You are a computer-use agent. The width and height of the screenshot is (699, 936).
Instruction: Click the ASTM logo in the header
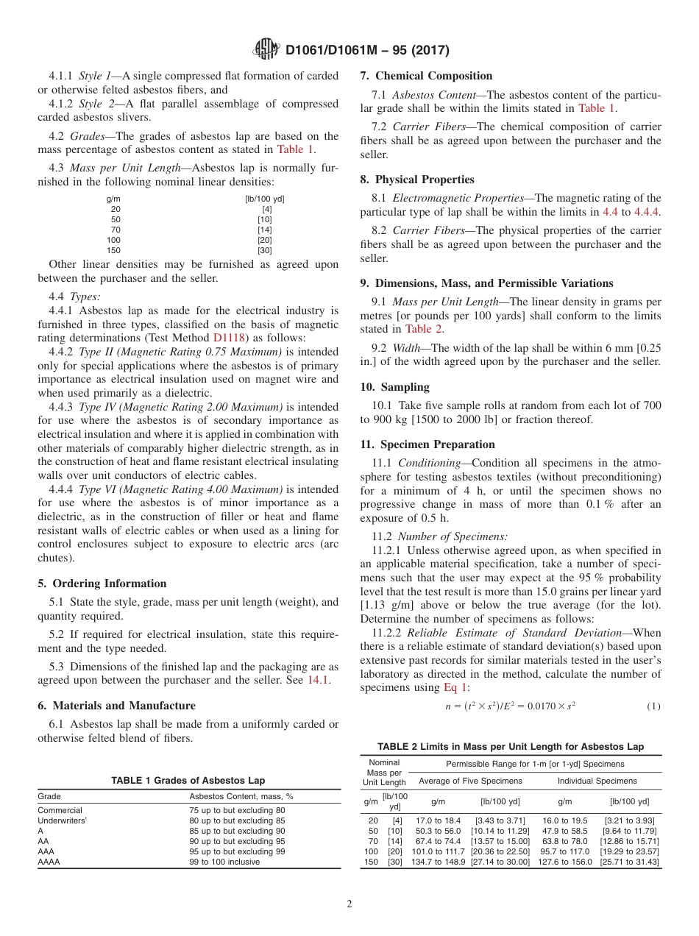[x=266, y=49]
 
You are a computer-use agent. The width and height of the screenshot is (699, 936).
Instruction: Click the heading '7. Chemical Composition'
[x=426, y=76]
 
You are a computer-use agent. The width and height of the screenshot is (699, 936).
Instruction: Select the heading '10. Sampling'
[x=394, y=387]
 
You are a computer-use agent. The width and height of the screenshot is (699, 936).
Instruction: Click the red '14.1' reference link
[x=318, y=680]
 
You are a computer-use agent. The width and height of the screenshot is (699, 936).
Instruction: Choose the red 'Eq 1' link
[x=455, y=687]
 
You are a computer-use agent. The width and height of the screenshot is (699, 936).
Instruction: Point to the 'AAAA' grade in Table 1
[x=49, y=862]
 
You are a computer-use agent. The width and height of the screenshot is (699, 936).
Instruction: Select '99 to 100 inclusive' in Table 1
[x=224, y=862]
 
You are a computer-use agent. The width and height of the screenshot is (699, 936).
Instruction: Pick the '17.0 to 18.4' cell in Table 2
[x=438, y=820]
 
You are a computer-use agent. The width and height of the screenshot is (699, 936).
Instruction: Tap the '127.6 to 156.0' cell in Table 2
[x=564, y=862]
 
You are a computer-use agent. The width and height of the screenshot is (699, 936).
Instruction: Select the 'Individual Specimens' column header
[x=597, y=781]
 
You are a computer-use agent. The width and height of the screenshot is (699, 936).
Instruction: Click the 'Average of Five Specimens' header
[x=469, y=781]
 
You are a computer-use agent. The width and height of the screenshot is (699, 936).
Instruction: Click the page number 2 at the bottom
[x=349, y=904]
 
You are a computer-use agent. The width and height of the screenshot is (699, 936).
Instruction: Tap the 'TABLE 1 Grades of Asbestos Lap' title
[x=188, y=781]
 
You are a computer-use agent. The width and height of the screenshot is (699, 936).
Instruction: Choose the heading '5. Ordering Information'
[x=102, y=584]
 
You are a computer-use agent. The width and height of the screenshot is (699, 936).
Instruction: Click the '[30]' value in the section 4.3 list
[x=265, y=250]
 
